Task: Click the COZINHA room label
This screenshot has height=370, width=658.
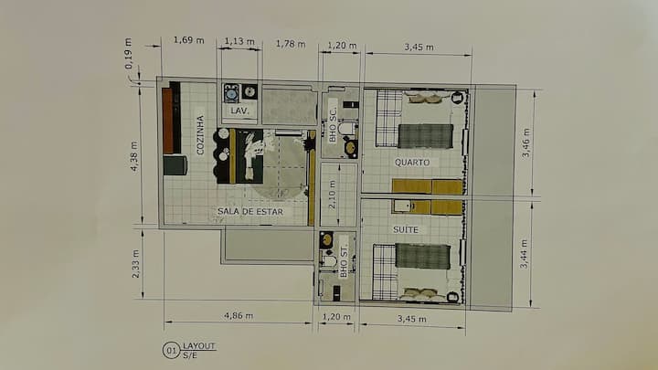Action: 200,134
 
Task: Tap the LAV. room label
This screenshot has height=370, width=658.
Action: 239,111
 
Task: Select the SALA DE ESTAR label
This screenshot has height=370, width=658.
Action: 250,211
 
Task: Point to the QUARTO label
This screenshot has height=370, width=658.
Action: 412,163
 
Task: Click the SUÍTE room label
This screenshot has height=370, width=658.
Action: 406,229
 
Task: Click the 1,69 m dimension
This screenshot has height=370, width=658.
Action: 189,40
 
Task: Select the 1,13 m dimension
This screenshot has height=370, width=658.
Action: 239,41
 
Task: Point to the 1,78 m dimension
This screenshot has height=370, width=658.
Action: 291,44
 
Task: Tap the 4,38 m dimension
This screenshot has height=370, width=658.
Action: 133,156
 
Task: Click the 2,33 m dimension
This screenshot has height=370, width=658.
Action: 135,264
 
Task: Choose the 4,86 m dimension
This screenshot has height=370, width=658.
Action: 239,315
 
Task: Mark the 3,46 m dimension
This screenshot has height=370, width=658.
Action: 525,143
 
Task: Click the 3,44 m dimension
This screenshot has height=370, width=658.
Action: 525,254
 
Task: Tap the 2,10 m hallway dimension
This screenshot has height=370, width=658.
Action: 332,195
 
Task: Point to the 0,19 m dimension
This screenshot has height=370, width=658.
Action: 129,53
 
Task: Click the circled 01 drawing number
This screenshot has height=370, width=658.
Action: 171,350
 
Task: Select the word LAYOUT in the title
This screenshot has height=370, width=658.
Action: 199,346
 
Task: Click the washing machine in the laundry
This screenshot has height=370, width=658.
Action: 231,93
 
